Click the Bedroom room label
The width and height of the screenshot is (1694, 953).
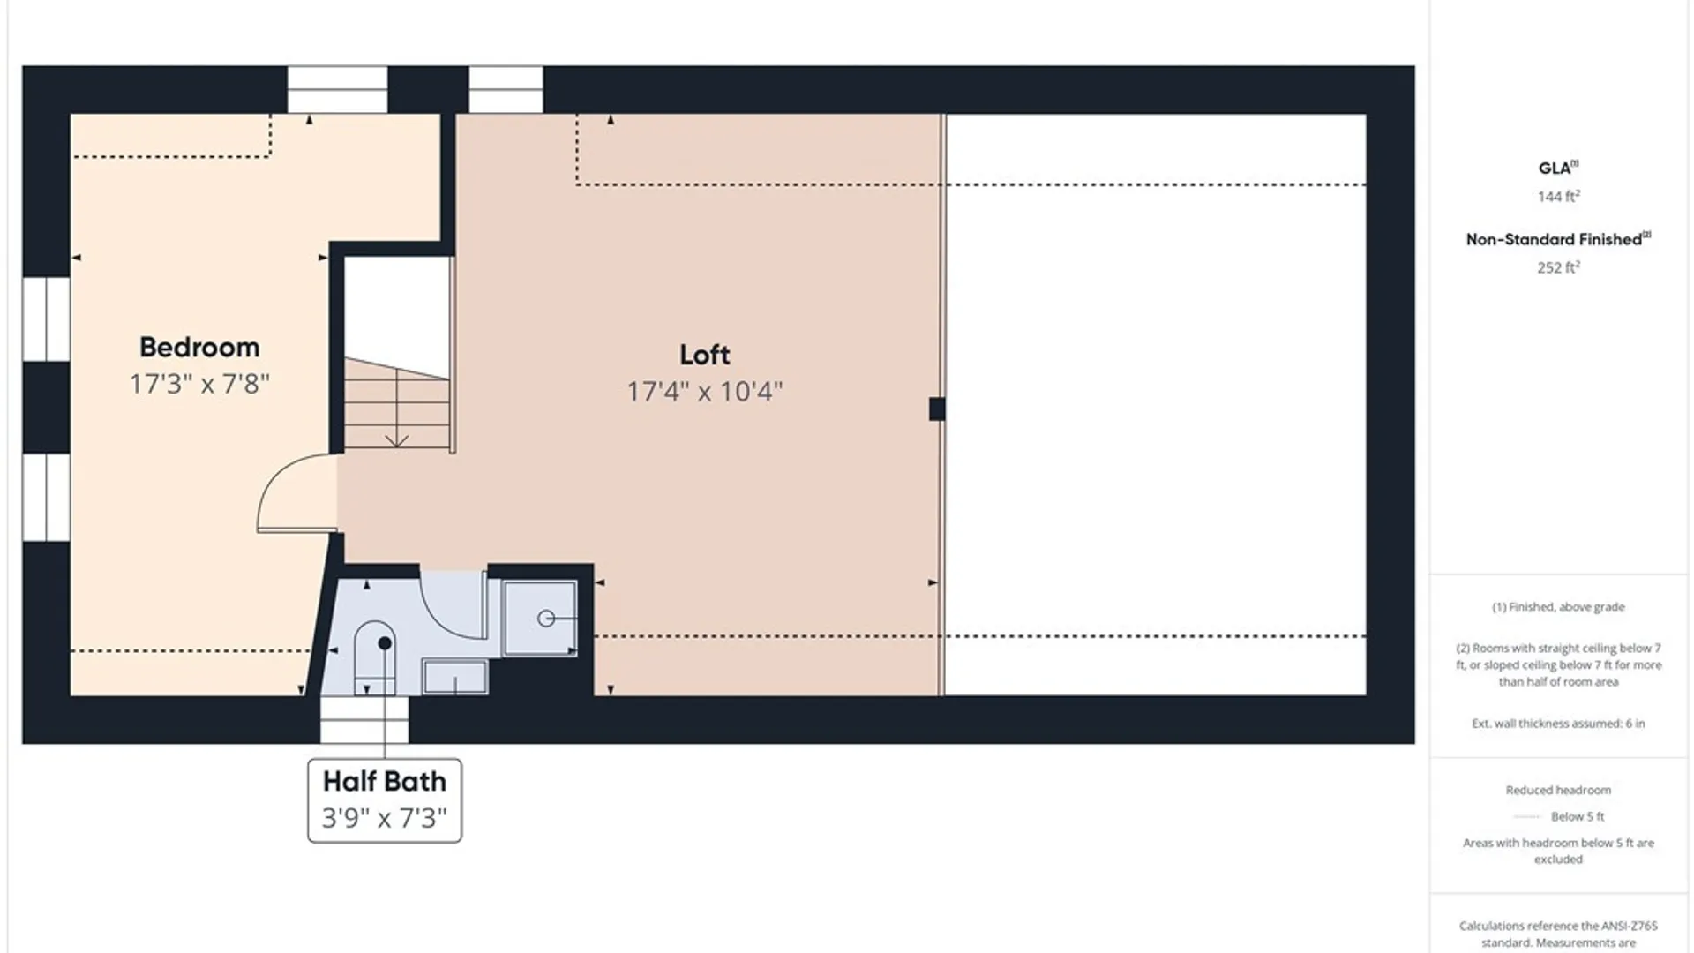(199, 348)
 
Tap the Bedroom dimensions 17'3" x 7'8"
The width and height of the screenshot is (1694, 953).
(199, 384)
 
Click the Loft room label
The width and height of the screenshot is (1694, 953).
(704, 355)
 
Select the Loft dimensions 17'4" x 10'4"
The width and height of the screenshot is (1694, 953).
(704, 391)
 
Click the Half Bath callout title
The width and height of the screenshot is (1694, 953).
(385, 782)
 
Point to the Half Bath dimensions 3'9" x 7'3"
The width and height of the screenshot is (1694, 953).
(385, 818)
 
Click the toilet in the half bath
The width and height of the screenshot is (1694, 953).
(375, 657)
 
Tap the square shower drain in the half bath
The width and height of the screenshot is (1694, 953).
(540, 618)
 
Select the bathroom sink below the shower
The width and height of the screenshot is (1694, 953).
(455, 677)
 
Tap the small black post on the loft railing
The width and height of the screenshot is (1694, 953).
(937, 409)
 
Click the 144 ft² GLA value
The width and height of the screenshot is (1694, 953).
(1558, 196)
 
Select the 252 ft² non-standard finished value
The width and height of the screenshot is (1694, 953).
(1558, 266)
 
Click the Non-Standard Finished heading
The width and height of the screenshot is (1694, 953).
(1558, 239)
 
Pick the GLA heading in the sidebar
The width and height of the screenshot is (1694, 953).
(1558, 168)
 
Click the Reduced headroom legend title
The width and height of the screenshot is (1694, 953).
(1558, 790)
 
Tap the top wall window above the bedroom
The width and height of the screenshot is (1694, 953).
(337, 89)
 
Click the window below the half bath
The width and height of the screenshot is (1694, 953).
(364, 719)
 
